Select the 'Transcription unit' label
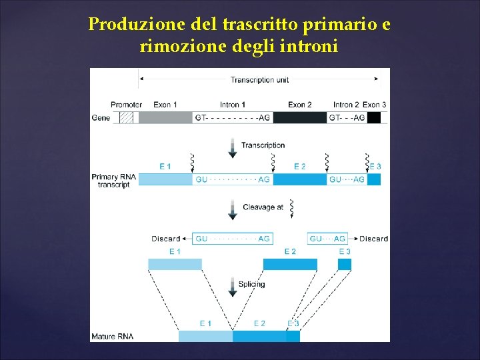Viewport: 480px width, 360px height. [259, 80]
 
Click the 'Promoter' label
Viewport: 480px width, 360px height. [126, 105]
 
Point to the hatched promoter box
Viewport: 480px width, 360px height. [126, 117]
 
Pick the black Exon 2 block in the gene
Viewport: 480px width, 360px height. [300, 117]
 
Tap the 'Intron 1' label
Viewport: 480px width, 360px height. [233, 105]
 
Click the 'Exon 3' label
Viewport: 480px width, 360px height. [374, 105]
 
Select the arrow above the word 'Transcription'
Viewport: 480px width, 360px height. [232, 148]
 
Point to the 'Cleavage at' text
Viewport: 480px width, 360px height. [263, 207]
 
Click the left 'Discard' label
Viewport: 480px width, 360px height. [166, 239]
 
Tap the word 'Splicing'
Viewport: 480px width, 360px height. [251, 284]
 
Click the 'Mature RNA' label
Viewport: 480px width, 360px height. [112, 336]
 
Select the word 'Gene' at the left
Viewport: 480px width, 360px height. [100, 118]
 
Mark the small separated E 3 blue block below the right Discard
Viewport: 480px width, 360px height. [344, 264]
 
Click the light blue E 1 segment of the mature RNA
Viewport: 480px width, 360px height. [205, 336]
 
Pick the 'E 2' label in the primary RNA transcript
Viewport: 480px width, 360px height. [300, 166]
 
